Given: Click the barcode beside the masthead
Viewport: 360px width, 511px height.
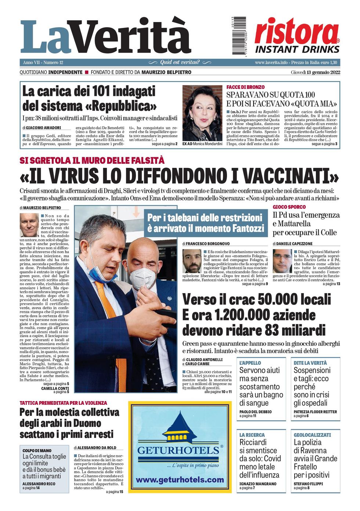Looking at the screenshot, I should coord(239,36).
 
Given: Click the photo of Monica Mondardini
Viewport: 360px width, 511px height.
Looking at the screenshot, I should coord(202,113).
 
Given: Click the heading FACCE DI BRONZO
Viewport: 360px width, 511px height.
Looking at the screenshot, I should coord(245,87).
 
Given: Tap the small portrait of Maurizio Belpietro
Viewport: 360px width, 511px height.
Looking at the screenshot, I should coord(29,225).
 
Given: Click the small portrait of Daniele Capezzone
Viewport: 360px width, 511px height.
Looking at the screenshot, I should coord(282,261).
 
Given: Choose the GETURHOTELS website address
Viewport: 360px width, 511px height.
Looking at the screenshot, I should coord(180,480).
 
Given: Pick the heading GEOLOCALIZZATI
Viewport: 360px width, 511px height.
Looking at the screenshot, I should coord(312,435).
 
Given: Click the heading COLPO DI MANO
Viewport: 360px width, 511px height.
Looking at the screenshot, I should coord(37,450).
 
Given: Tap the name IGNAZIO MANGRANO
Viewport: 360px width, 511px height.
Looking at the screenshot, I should coord(258,484).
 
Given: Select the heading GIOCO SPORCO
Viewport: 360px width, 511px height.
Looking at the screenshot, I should coord(289,207).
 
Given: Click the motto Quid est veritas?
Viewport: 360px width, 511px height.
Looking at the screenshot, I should coord(180,62).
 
